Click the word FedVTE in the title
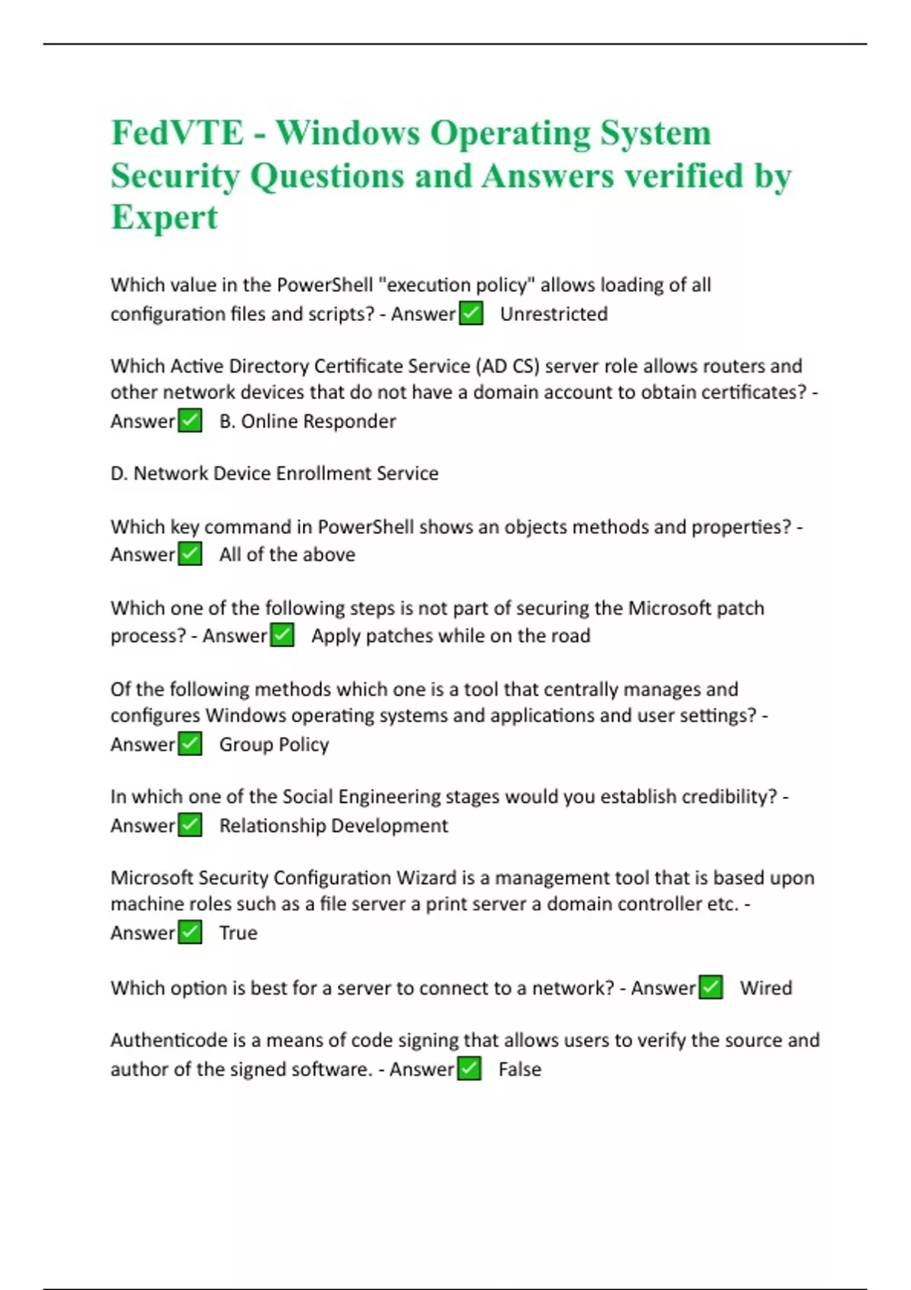pos(178,133)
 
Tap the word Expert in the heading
pos(164,217)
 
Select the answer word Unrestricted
pos(553,314)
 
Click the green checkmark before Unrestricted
pos(471,313)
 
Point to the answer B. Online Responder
pos(307,421)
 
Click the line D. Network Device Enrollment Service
pos(274,474)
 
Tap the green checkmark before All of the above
pos(190,555)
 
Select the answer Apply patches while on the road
pos(450,636)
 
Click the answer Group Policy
pos(274,744)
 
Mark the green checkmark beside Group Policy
pos(190,744)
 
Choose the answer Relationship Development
pos(333,826)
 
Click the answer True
pos(238,933)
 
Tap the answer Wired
pos(766,988)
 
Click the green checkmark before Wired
pos(711,988)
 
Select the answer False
pos(520,1069)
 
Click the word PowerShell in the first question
pos(324,285)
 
